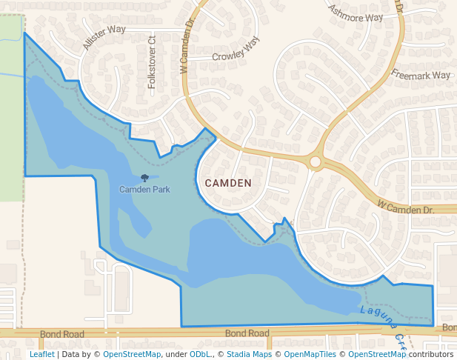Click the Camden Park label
click(x=144, y=190)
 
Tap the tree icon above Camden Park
click(x=144, y=178)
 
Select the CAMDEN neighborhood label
click(x=228, y=183)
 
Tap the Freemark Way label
click(x=421, y=75)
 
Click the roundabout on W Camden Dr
click(x=316, y=161)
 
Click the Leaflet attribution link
click(x=42, y=354)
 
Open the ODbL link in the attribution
click(x=200, y=354)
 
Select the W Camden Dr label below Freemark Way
click(x=404, y=207)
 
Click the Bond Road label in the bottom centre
click(x=247, y=334)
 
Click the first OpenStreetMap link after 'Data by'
click(x=132, y=354)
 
